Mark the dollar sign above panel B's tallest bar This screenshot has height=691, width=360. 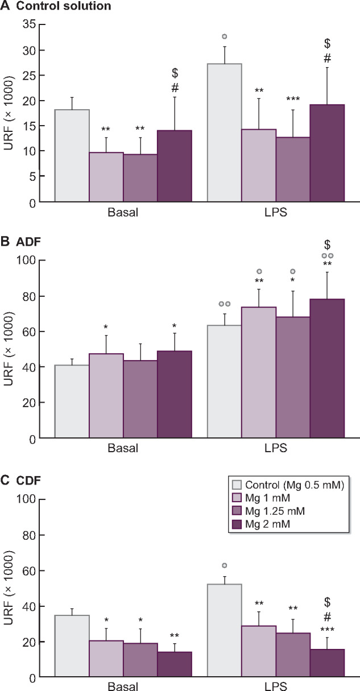click(327, 245)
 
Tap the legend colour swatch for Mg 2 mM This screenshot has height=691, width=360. click(238, 524)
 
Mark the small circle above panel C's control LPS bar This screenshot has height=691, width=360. click(225, 565)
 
